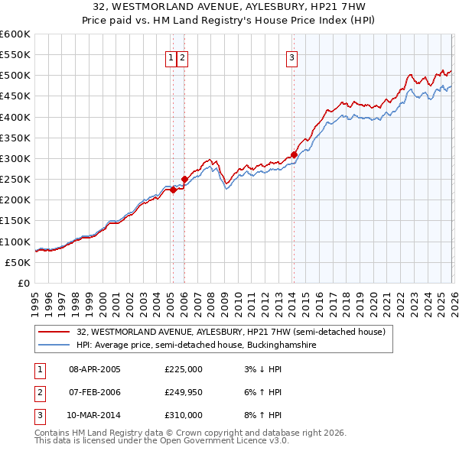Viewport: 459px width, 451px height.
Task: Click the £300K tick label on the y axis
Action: tap(15, 158)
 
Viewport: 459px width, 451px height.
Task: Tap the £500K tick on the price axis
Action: tap(15, 75)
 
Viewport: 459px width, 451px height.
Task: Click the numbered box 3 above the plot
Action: tap(292, 56)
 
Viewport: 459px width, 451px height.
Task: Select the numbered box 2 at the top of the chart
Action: tap(184, 56)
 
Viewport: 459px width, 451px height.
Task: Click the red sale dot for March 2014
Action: tap(294, 154)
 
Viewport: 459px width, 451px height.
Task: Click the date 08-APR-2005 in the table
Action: tap(95, 369)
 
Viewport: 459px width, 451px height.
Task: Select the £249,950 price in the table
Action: tap(184, 392)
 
